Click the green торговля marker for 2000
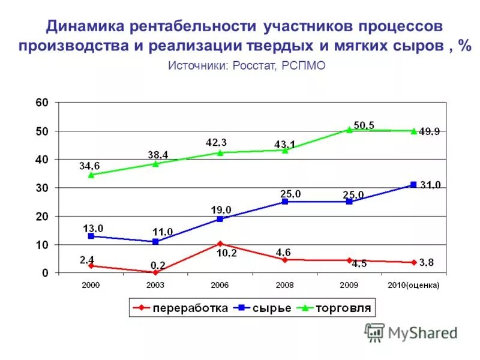coord(91,175)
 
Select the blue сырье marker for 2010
coord(413,185)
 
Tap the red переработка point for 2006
coord(220,244)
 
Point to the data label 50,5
coord(364,125)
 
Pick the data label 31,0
coord(430,185)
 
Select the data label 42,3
coord(216,142)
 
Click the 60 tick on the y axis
coord(41,103)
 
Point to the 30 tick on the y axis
coord(41,188)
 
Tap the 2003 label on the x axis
coord(155,285)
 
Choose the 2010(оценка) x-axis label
coord(413,285)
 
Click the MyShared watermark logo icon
coord(374,332)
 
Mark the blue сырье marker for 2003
coord(155,241)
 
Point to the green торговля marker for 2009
coord(349,129)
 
